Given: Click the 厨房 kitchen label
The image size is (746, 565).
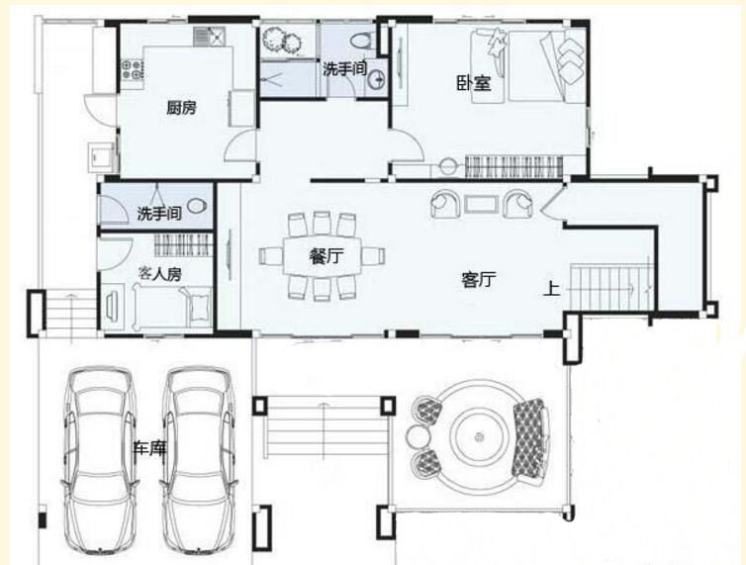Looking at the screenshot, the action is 181,108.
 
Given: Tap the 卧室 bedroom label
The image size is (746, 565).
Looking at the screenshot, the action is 474,83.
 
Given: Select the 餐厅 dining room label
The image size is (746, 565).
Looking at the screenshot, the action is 326,256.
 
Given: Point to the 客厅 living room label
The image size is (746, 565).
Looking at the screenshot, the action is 479,279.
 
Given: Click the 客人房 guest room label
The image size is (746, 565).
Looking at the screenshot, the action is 159,274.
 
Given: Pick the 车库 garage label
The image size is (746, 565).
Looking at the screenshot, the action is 149,447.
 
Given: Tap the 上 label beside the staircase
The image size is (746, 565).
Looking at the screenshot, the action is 551,289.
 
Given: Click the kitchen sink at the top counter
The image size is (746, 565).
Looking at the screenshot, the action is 209,37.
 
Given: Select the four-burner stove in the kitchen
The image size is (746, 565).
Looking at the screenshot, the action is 133,69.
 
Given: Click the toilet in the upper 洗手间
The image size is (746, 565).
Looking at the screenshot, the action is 362,40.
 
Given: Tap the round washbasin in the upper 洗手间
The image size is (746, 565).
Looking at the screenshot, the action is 377,80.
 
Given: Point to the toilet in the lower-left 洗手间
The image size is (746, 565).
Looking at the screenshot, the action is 197,207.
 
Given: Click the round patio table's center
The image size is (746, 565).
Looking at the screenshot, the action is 479,435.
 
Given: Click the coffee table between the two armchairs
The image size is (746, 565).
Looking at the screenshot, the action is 482,204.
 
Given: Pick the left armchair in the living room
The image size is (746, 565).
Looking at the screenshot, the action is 445,204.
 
